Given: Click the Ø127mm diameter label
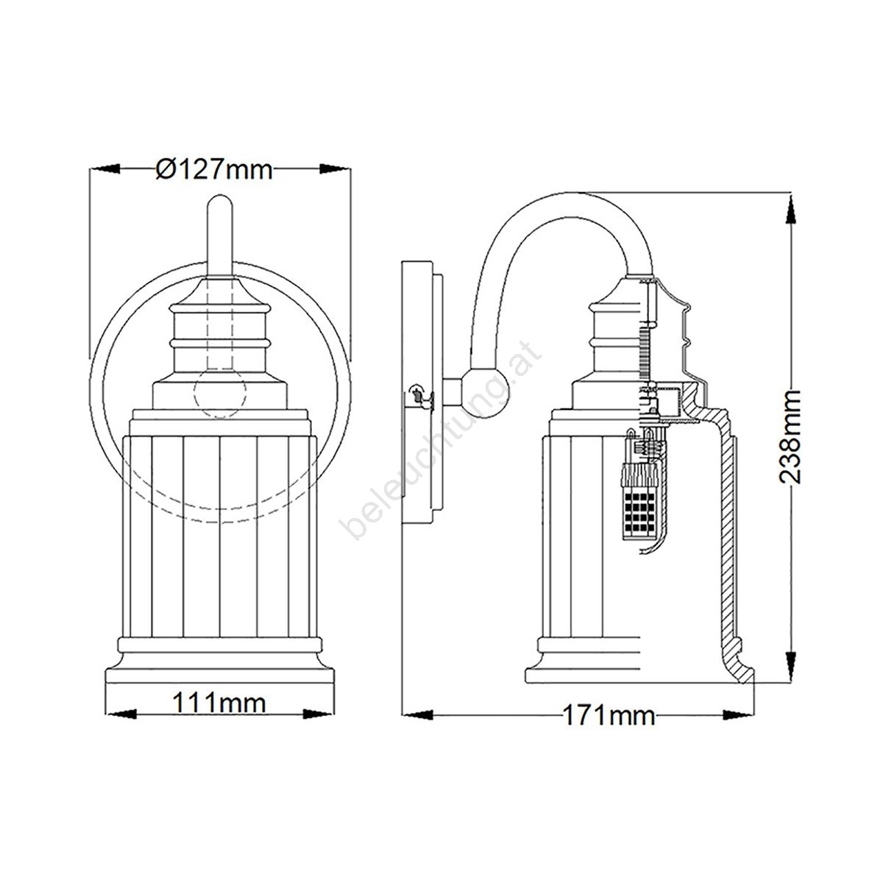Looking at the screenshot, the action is (x=214, y=169).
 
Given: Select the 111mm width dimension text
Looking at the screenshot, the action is (x=219, y=703).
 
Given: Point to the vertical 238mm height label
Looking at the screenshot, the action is (x=790, y=436).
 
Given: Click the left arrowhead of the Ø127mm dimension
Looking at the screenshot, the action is (x=105, y=169).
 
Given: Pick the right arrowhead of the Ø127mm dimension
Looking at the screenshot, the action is (x=334, y=169).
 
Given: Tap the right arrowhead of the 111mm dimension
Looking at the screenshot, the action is (x=319, y=714).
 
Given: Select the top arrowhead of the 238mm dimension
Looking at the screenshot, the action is (x=790, y=209).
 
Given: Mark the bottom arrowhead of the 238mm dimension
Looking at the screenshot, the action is (x=790, y=667).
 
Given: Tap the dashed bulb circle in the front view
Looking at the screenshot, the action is (x=220, y=392).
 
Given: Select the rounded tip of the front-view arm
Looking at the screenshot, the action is (x=220, y=204).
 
